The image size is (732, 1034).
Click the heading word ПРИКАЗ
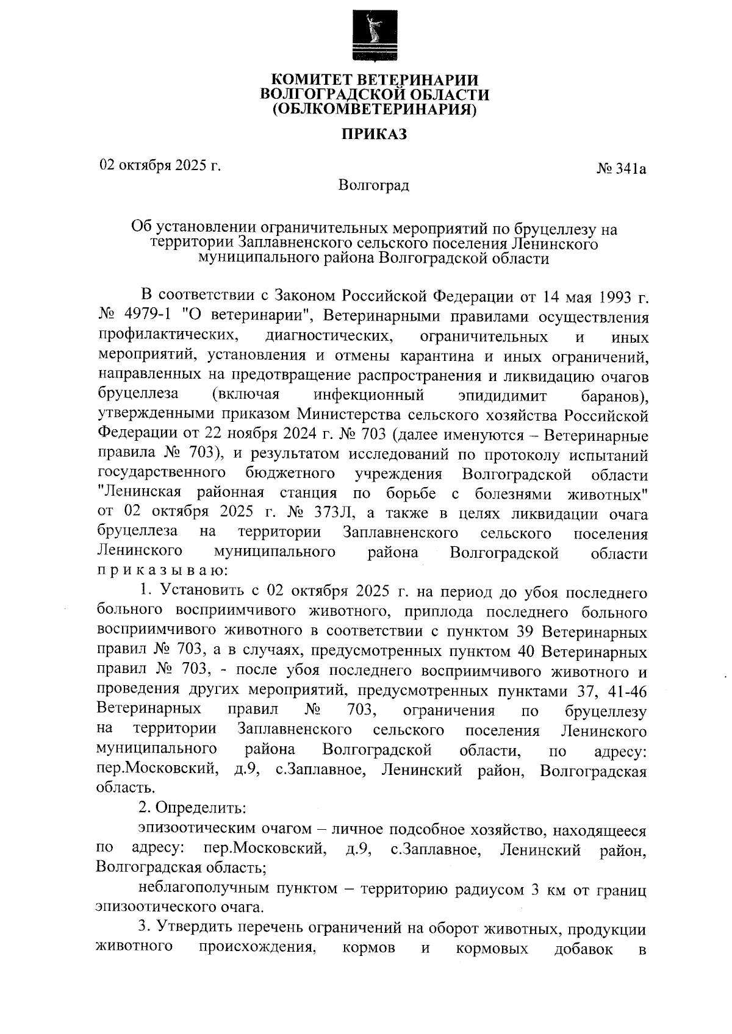(x=373, y=134)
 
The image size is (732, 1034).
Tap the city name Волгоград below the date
(x=373, y=185)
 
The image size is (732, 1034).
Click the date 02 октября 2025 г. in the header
(x=160, y=165)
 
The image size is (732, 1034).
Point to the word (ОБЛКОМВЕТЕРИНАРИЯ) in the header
(x=373, y=110)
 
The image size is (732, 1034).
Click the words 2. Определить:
(x=192, y=808)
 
